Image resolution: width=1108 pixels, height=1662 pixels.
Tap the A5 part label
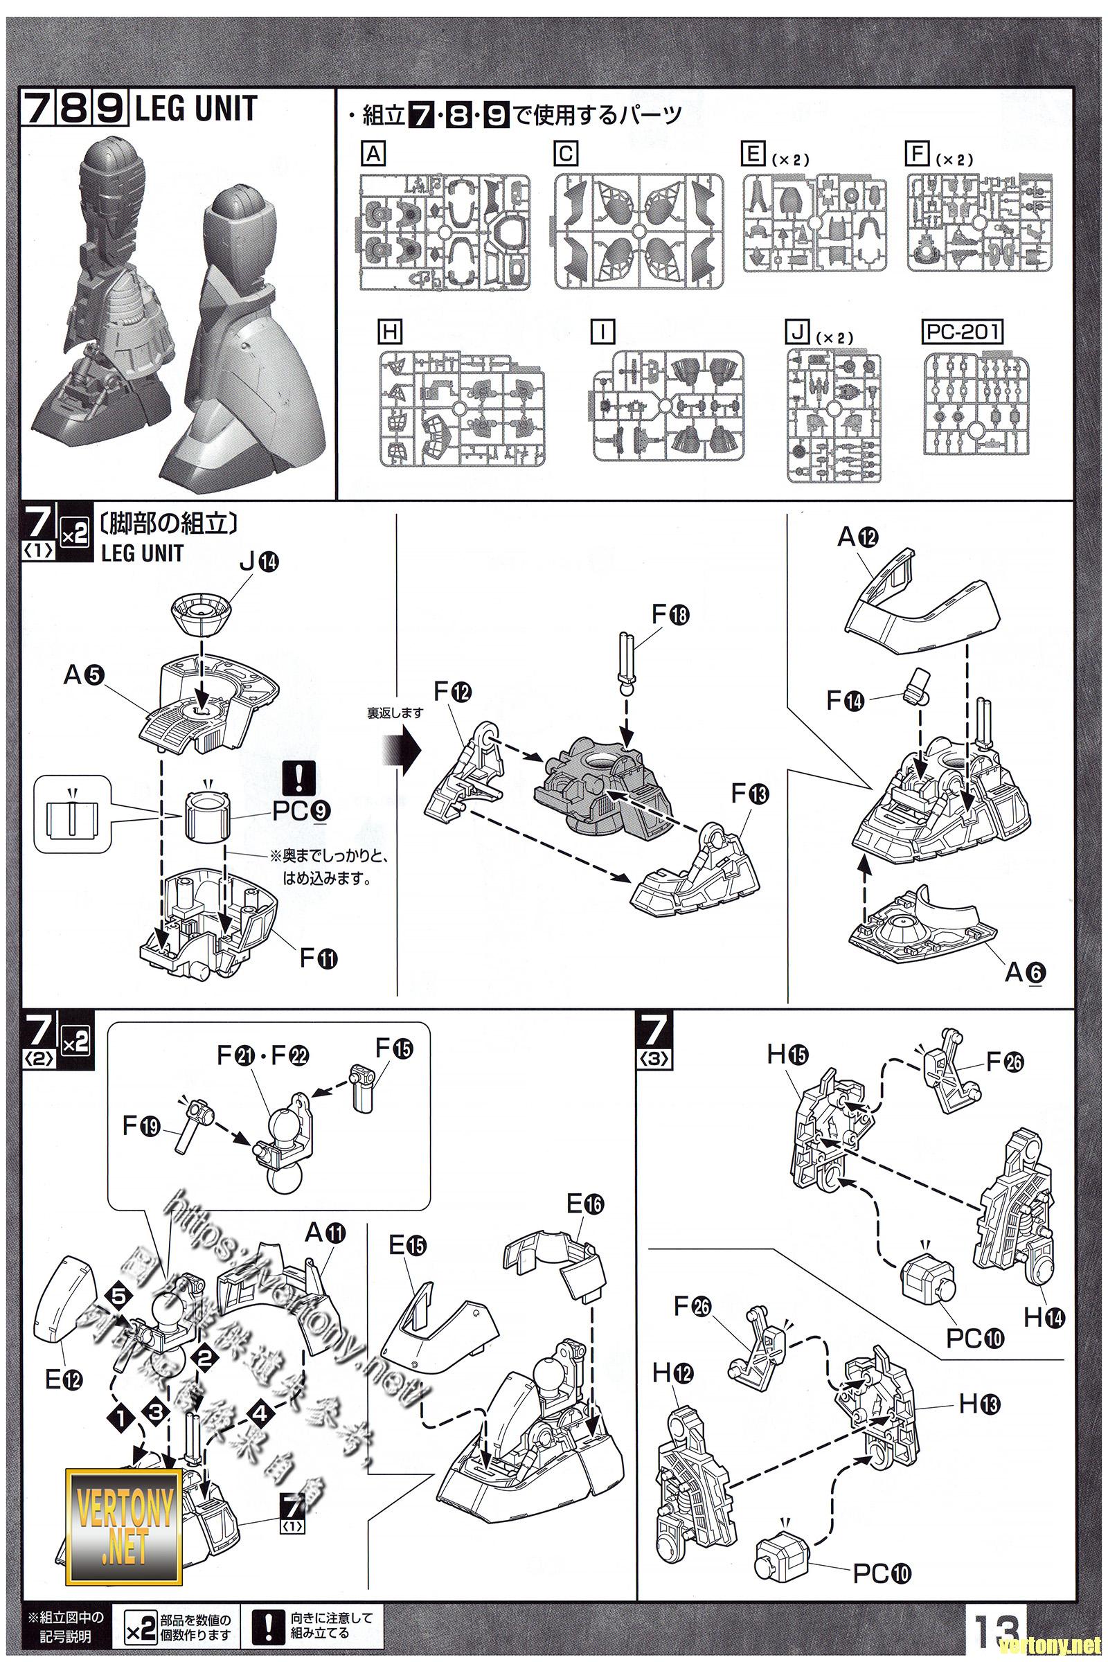[83, 676]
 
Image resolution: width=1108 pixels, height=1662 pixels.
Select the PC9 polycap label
[300, 811]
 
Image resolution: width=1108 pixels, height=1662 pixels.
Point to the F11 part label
[318, 958]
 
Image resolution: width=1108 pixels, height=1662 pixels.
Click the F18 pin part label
[670, 615]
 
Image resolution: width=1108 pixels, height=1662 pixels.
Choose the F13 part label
[749, 794]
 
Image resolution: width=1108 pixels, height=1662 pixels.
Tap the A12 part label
[858, 538]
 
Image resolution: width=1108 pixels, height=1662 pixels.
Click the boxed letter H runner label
[389, 332]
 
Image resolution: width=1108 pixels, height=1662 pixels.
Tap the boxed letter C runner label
[566, 154]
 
